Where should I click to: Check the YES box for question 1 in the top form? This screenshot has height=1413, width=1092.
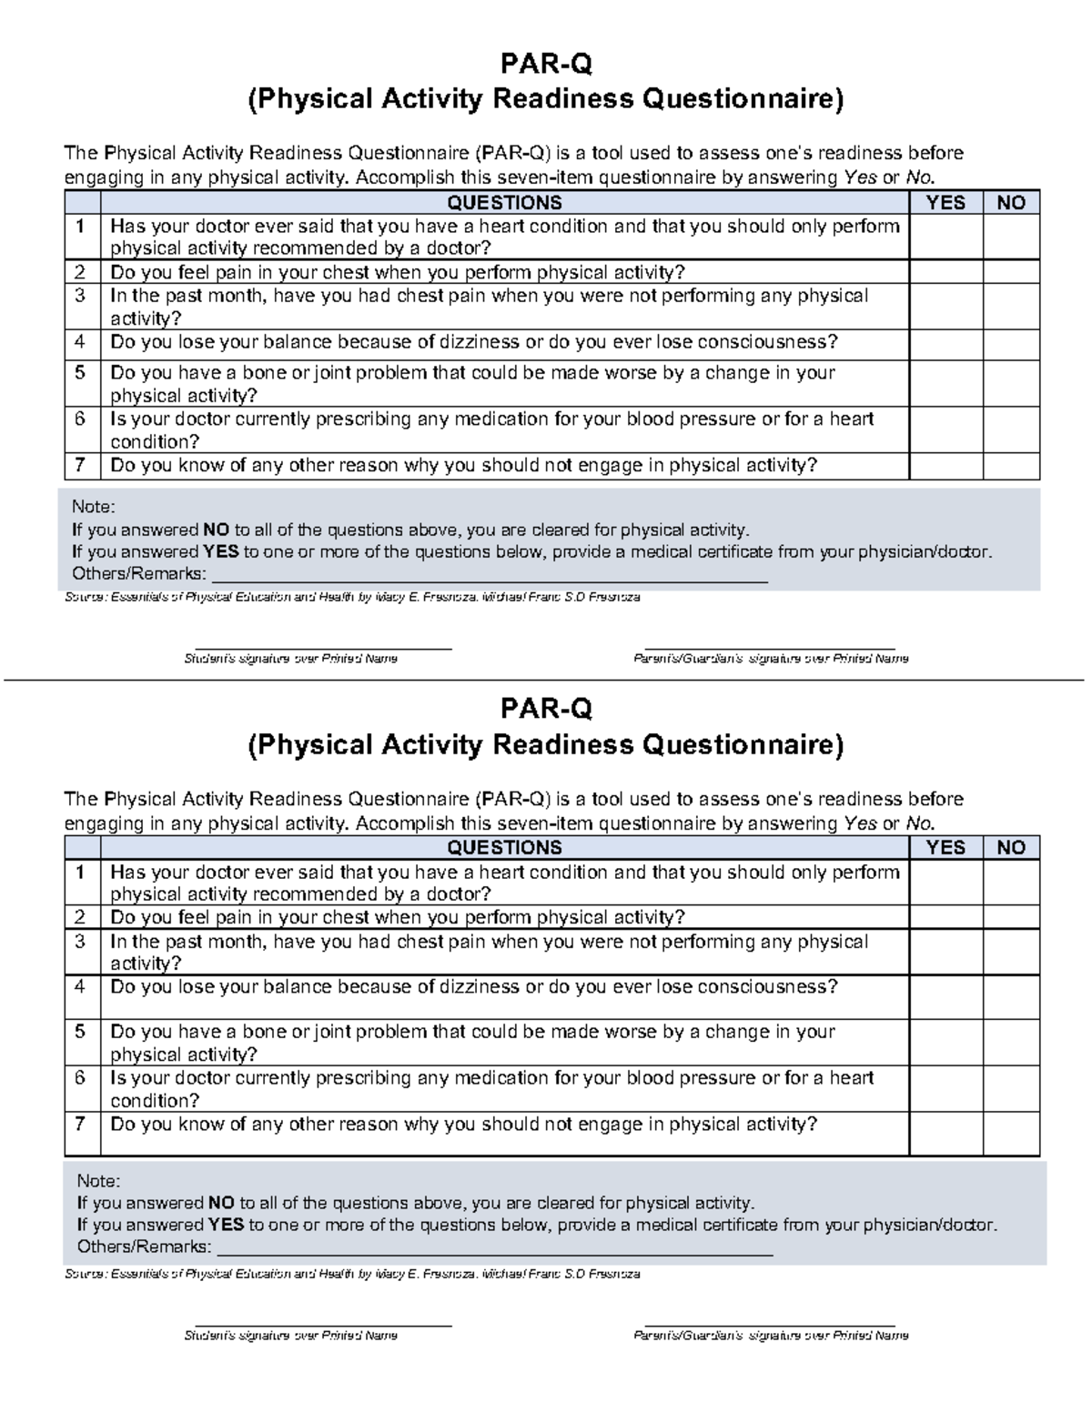945,237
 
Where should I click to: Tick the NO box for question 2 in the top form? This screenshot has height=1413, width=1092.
1011,272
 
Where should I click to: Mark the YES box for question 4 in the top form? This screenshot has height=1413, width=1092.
945,345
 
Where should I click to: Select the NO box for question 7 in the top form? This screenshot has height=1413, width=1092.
1011,466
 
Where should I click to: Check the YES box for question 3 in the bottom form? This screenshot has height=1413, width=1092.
945,952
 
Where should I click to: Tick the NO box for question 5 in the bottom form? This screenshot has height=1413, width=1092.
1011,1043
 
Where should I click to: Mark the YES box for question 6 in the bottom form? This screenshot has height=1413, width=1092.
945,1088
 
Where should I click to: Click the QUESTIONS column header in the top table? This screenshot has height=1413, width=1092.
504,203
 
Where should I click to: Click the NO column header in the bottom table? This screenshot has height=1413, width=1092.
1011,848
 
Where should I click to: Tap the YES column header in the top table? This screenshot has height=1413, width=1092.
945,203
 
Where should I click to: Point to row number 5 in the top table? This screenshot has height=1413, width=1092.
81,373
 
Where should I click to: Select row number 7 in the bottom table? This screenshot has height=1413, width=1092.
81,1125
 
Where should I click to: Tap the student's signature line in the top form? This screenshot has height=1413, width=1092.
324,647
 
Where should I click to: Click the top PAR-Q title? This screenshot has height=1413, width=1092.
545,64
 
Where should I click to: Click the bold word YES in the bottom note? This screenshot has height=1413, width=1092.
225,1225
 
